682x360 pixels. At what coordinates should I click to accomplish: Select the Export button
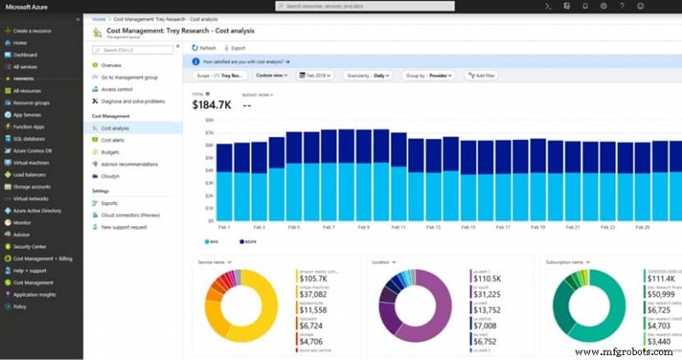[x=237, y=48]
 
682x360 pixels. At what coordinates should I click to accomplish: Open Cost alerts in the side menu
[x=113, y=140]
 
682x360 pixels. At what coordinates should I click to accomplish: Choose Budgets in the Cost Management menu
[x=110, y=152]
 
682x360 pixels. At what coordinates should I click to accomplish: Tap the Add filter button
[x=483, y=75]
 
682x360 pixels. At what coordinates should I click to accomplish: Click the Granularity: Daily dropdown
[x=368, y=75]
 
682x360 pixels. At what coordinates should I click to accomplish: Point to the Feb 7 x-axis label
[x=328, y=227]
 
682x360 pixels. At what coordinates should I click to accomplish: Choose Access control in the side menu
[x=117, y=89]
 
